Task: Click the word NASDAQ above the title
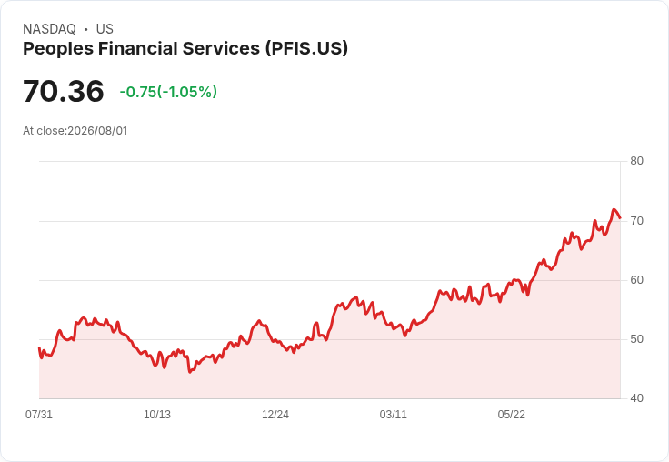click(x=49, y=29)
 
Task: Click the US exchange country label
click(x=105, y=29)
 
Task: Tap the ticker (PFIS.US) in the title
click(x=306, y=48)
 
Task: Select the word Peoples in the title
click(x=58, y=49)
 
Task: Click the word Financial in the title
click(x=138, y=48)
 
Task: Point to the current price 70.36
click(x=64, y=91)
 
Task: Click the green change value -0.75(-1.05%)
click(x=168, y=92)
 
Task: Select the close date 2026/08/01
click(x=97, y=131)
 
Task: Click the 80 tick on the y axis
click(x=636, y=161)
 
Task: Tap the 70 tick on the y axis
click(x=636, y=221)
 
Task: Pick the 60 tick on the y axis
click(x=636, y=280)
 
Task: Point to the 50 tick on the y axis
click(x=636, y=339)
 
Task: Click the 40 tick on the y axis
click(x=636, y=398)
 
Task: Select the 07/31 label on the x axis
click(x=39, y=415)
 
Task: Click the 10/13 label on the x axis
click(x=157, y=415)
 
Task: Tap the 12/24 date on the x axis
click(x=275, y=415)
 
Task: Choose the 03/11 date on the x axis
click(x=393, y=415)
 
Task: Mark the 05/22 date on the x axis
click(x=511, y=415)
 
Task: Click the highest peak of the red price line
click(x=614, y=209)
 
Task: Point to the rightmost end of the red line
click(x=620, y=218)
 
